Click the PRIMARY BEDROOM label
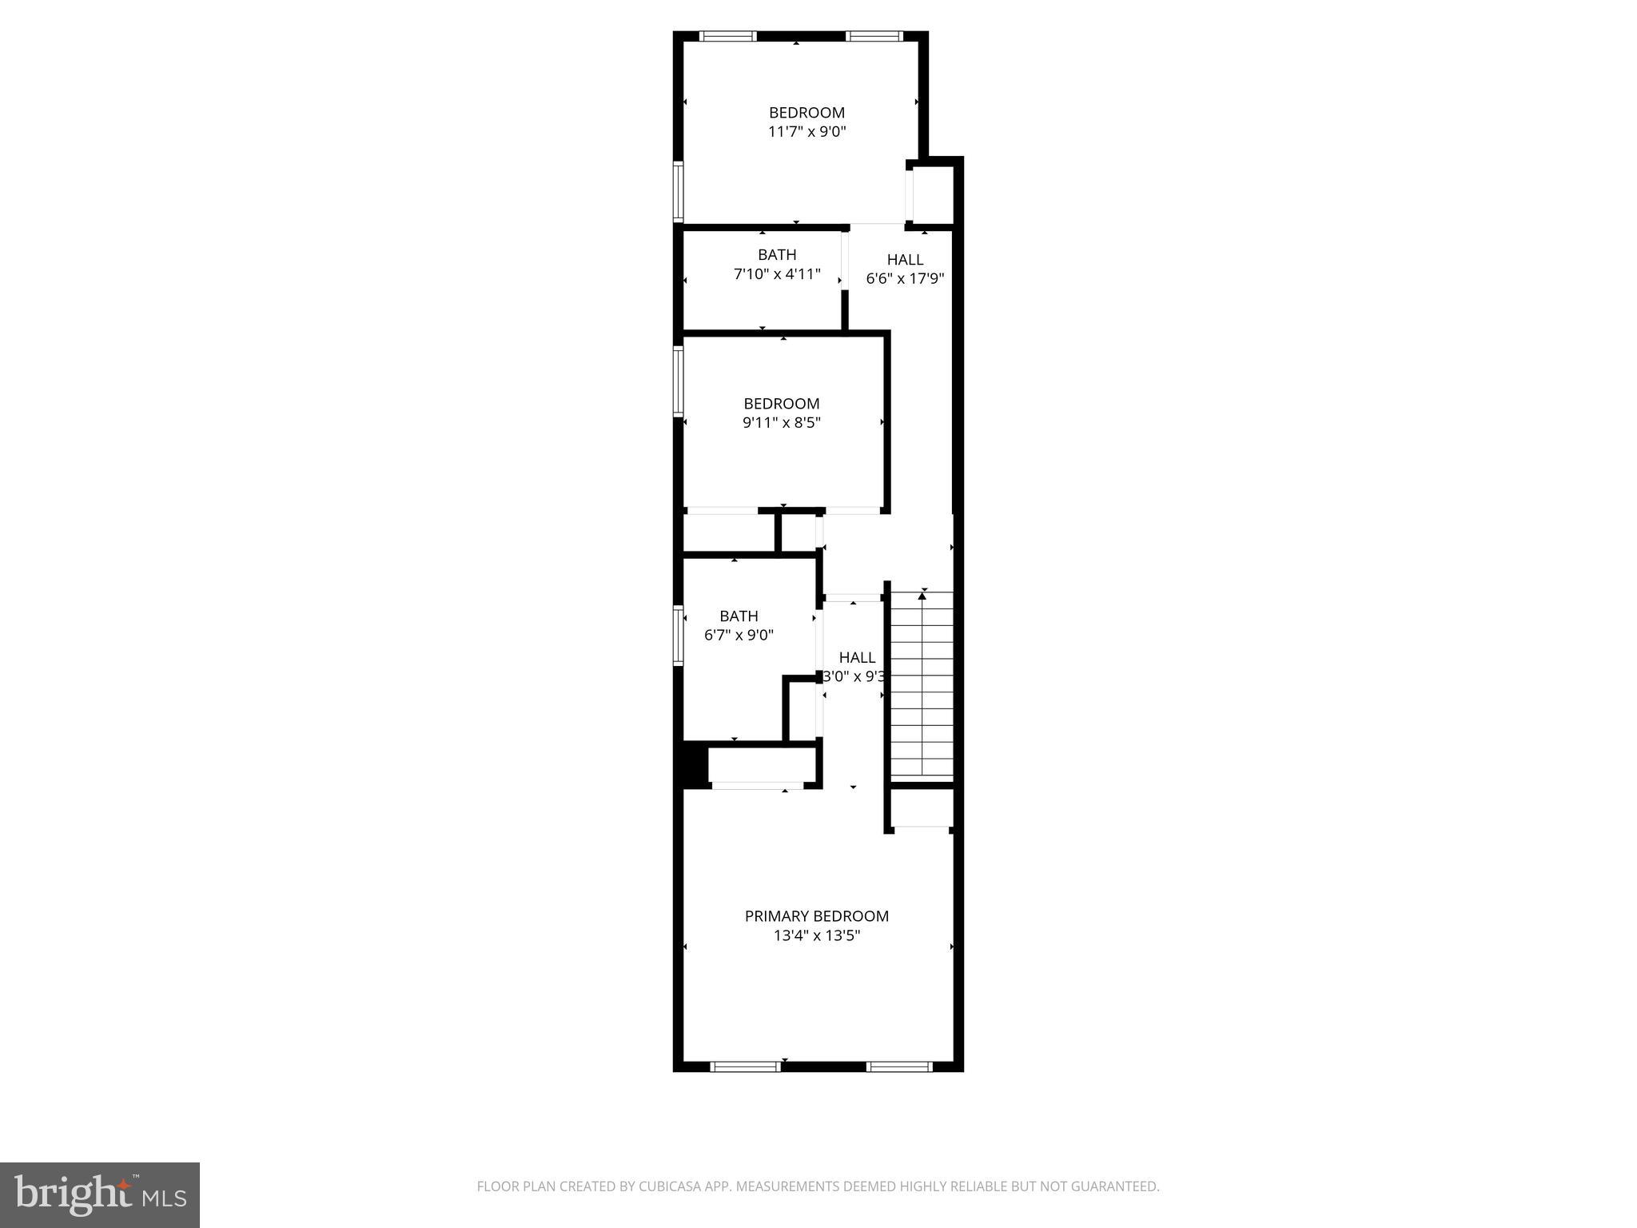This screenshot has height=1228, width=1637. (816, 916)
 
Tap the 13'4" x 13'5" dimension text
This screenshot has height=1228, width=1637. (816, 935)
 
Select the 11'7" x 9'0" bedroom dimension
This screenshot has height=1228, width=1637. (807, 132)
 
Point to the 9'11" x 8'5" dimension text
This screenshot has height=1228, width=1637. (781, 423)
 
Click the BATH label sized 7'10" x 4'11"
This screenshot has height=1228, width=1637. (777, 255)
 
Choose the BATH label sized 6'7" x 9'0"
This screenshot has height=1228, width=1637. (739, 616)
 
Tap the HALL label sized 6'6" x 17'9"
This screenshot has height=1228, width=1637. (905, 260)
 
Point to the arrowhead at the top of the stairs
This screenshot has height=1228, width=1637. (922, 596)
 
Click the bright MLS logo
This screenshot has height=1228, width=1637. (100, 1195)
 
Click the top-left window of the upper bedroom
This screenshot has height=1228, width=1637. (727, 36)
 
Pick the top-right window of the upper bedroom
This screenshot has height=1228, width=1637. (874, 36)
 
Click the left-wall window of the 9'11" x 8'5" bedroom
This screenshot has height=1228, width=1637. (679, 381)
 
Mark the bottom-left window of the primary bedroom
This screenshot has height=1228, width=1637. (745, 1066)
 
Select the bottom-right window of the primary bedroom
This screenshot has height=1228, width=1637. (899, 1066)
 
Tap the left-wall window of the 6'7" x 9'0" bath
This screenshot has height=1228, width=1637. (679, 636)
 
